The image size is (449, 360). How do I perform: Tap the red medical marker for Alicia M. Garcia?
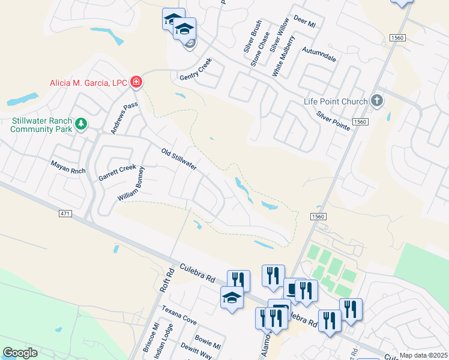(x=136, y=82)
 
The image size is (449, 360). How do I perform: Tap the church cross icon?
(x=376, y=100)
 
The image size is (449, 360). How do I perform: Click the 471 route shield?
(x=66, y=214)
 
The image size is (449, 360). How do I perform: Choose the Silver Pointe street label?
(x=334, y=121)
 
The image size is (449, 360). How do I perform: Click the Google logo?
(x=20, y=353)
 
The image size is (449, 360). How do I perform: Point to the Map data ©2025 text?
(x=423, y=356)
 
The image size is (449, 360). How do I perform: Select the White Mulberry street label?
(x=284, y=56)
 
